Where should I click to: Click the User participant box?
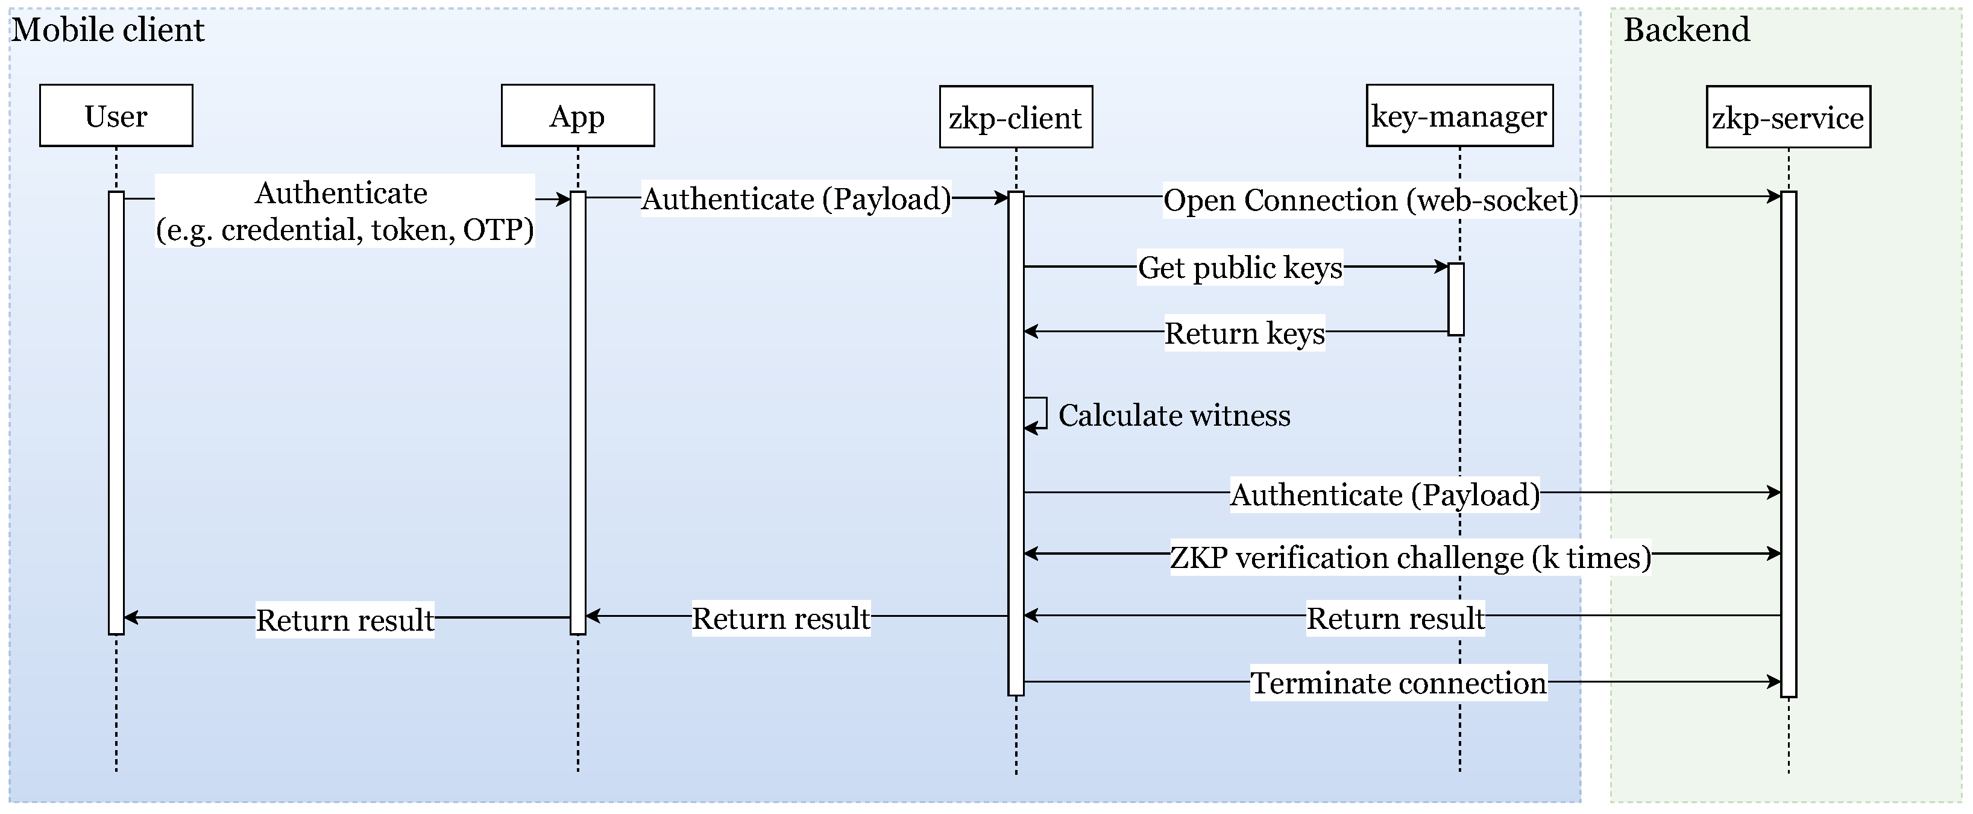(x=116, y=116)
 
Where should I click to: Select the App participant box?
(x=577, y=116)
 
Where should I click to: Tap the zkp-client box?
(x=1016, y=117)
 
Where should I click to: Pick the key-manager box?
(x=1459, y=116)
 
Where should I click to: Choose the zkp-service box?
(x=1788, y=117)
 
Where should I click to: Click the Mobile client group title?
(x=109, y=31)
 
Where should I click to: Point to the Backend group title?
(x=1687, y=31)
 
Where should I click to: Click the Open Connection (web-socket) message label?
(x=1370, y=200)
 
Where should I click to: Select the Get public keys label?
(x=1240, y=267)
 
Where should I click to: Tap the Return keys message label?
(x=1245, y=333)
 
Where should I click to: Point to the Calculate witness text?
(x=1174, y=415)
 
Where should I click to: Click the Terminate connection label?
(x=1399, y=683)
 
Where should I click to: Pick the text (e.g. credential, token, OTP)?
(x=345, y=230)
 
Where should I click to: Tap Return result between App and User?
(x=345, y=619)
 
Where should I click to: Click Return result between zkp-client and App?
(x=781, y=618)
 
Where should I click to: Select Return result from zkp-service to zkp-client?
(x=1396, y=618)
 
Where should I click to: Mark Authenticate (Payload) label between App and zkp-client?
(x=796, y=199)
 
